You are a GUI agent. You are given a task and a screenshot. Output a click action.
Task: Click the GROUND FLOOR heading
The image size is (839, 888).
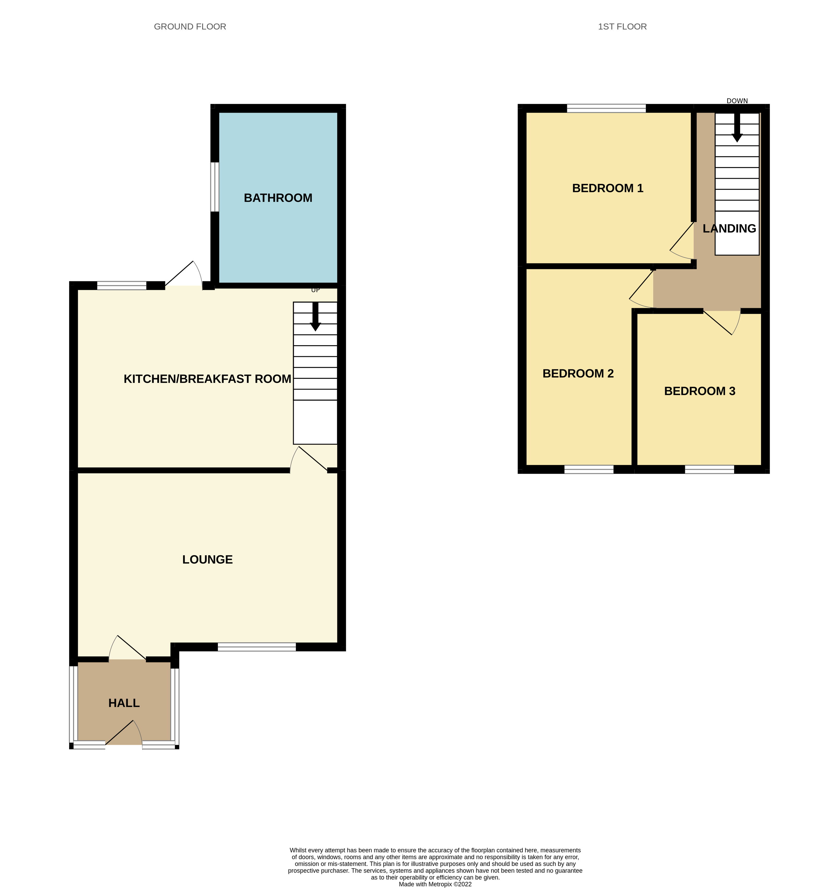(x=190, y=27)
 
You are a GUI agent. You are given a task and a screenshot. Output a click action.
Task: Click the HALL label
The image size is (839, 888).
(x=124, y=703)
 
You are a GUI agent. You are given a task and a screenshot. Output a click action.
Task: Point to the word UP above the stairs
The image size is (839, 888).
(x=315, y=290)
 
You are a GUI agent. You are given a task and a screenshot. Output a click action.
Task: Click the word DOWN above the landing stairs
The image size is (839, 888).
(x=737, y=101)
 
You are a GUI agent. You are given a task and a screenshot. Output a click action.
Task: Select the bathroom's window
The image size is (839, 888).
(x=215, y=187)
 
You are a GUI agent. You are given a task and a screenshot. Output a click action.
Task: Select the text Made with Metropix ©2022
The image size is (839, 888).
(x=435, y=884)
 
